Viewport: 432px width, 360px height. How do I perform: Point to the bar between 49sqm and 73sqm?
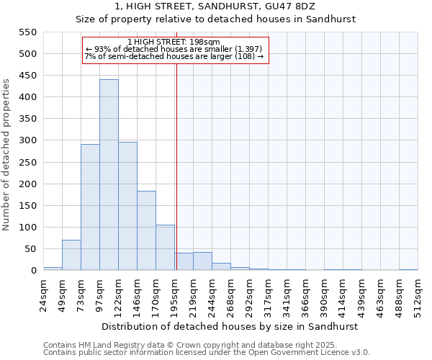pos(71,256)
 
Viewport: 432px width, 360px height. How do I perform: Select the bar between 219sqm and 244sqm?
pos(202,261)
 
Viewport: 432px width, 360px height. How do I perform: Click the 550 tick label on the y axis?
pos(27,32)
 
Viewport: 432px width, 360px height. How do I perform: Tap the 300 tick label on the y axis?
pos(27,140)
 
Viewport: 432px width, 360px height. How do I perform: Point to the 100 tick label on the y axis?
pos(27,228)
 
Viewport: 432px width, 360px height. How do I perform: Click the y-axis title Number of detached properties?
pos(7,156)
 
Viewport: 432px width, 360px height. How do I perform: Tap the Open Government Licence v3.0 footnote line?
pos(206,353)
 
